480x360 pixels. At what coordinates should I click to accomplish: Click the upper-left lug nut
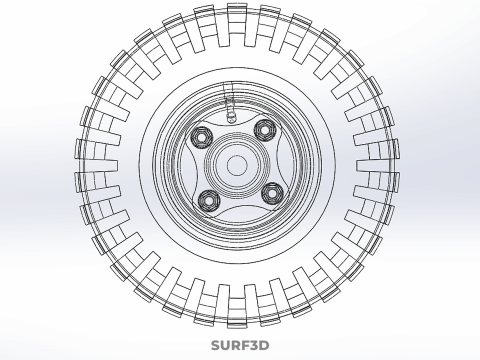coord(202,138)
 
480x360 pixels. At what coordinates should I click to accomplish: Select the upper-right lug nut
coord(265,130)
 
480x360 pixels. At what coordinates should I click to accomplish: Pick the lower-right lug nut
coord(272,193)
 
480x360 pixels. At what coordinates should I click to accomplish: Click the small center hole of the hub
coord(237,165)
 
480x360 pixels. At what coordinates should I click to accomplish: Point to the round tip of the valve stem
coord(231,117)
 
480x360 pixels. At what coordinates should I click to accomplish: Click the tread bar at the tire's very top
coord(237,25)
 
